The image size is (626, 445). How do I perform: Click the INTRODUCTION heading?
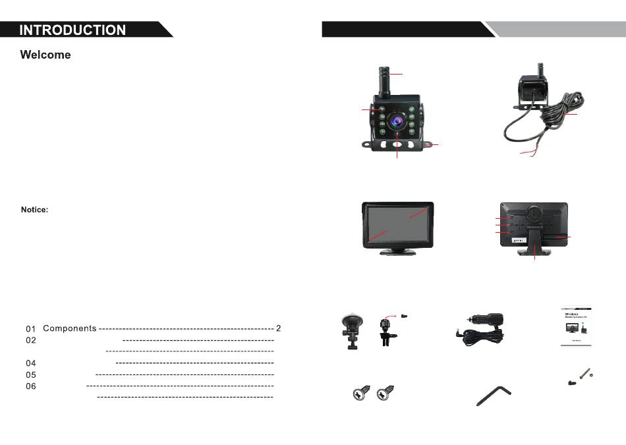click(72, 30)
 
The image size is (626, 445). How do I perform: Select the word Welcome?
click(45, 55)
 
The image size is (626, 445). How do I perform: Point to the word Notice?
click(35, 210)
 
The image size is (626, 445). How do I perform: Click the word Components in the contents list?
click(70, 328)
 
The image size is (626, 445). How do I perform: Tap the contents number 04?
click(31, 363)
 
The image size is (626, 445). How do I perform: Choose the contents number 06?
click(31, 386)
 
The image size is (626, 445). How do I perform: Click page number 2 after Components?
click(279, 328)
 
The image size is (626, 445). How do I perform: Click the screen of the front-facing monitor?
click(398, 224)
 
